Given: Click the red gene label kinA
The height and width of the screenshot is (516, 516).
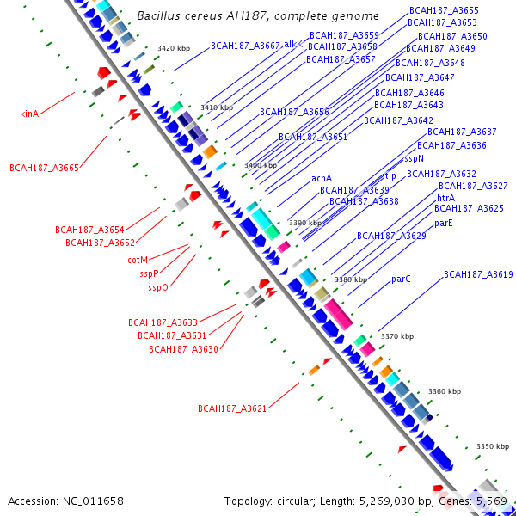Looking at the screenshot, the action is coord(29,113).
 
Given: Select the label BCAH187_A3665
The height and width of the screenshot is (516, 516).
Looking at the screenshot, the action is coord(44,168).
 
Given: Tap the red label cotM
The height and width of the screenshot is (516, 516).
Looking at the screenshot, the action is coord(138,260).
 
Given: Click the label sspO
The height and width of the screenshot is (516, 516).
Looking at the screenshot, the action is coord(158,287).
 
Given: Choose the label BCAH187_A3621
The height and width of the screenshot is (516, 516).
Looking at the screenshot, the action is coord(232,408).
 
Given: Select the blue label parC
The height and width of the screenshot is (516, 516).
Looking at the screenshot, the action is coord(401,279).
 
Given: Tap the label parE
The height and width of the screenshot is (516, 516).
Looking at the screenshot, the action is coord(443,223).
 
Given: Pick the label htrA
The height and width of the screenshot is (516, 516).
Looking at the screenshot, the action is coord(445,198).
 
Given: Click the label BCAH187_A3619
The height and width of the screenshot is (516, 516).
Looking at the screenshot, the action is coord(478,274).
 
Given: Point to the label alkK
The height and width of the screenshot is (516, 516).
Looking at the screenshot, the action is coord(293,44).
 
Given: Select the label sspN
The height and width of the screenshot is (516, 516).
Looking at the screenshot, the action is coord(415,158).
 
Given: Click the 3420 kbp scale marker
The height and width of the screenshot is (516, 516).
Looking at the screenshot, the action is coord(174,48).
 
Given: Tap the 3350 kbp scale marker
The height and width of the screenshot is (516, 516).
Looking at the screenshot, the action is coord(494,446).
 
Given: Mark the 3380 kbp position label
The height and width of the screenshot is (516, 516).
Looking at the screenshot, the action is coord(351,279).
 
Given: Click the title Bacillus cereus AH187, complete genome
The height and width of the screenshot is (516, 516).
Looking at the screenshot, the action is coord(257,16).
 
